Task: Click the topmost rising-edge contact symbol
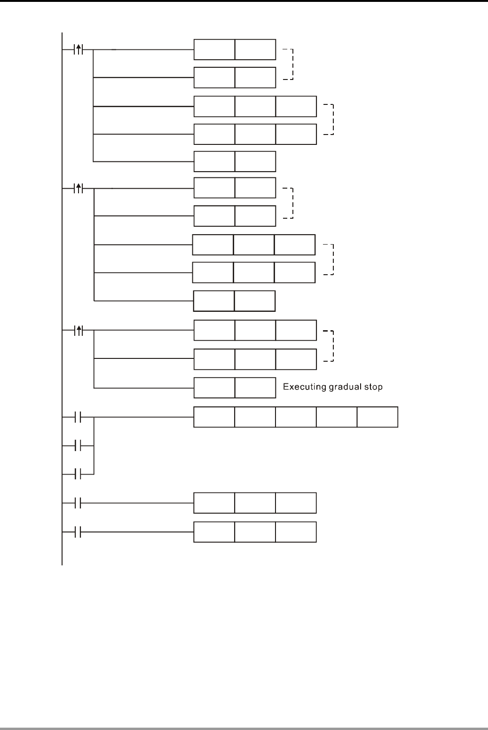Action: point(79,49)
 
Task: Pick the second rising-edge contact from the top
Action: point(79,189)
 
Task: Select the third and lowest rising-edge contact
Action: point(79,331)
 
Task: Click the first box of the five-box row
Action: point(214,417)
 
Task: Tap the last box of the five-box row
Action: point(378,417)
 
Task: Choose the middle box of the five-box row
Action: point(296,417)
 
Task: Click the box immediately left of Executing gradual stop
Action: point(255,388)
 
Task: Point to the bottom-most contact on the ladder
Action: point(79,532)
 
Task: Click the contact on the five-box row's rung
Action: point(79,417)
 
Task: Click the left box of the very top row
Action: point(214,49)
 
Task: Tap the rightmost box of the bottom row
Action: point(296,532)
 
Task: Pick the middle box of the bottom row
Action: point(255,532)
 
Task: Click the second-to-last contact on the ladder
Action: point(79,503)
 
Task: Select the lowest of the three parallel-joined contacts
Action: point(79,474)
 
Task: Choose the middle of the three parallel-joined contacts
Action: point(79,445)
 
